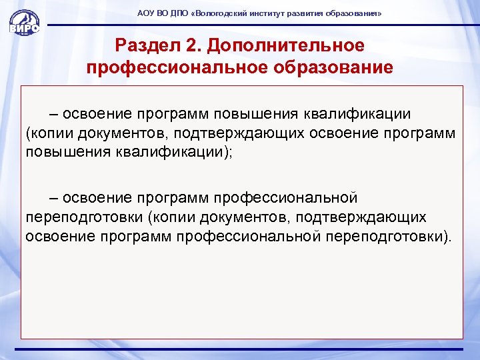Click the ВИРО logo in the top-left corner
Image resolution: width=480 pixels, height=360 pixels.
pyautogui.click(x=24, y=20)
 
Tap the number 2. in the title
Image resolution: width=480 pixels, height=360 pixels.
pyautogui.click(x=188, y=45)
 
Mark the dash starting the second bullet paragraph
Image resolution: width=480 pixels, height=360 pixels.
pyautogui.click(x=53, y=198)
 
